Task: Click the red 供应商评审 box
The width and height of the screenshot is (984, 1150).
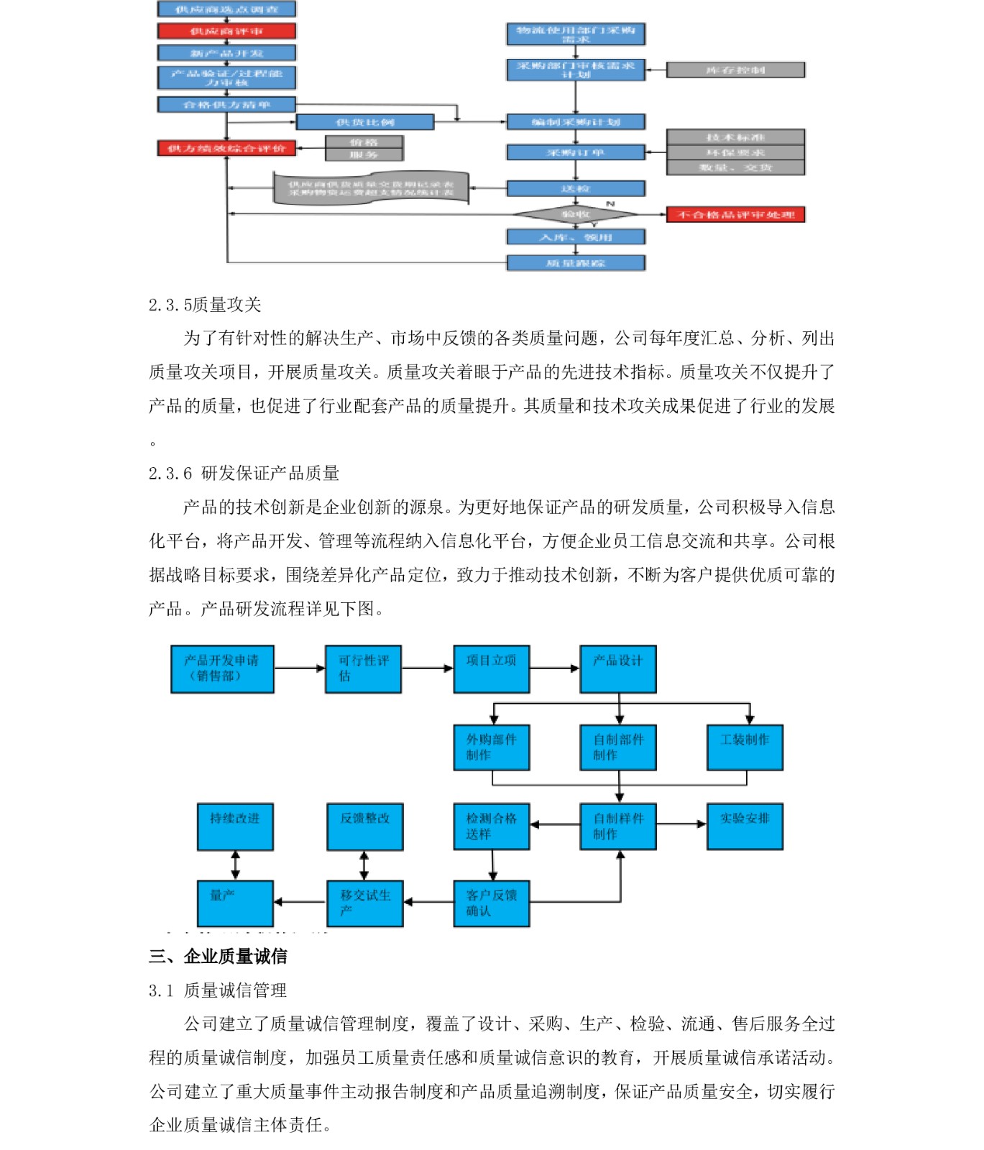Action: [x=226, y=31]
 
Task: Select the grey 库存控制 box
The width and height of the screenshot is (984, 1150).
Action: [x=735, y=70]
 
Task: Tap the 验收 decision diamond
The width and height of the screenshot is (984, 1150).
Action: [x=575, y=214]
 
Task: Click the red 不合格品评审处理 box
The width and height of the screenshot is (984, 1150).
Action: [x=735, y=214]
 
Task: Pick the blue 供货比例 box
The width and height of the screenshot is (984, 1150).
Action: [x=365, y=122]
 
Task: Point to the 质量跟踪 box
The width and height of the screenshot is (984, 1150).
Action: [x=576, y=263]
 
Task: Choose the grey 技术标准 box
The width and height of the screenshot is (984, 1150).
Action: [x=735, y=137]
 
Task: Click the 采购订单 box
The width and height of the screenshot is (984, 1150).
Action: [x=576, y=152]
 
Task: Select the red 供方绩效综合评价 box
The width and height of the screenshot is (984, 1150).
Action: [x=226, y=148]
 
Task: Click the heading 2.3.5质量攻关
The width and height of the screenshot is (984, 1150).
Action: [x=205, y=305]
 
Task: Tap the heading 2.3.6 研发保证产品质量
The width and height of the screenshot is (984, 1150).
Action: [x=244, y=473]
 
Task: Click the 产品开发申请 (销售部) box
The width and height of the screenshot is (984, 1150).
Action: [x=222, y=668]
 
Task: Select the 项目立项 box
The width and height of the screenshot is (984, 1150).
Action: [x=492, y=668]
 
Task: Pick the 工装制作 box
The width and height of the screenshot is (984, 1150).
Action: [x=745, y=747]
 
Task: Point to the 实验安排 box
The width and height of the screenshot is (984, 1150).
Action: [x=745, y=826]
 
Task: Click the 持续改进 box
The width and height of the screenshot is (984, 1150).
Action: [x=235, y=826]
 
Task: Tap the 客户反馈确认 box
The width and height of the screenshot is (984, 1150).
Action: [x=492, y=903]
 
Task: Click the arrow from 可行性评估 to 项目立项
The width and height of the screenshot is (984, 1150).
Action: [x=427, y=668]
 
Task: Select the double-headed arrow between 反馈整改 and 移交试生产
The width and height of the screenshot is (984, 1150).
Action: [x=364, y=865]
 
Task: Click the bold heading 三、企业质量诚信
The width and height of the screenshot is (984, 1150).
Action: [x=218, y=956]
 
